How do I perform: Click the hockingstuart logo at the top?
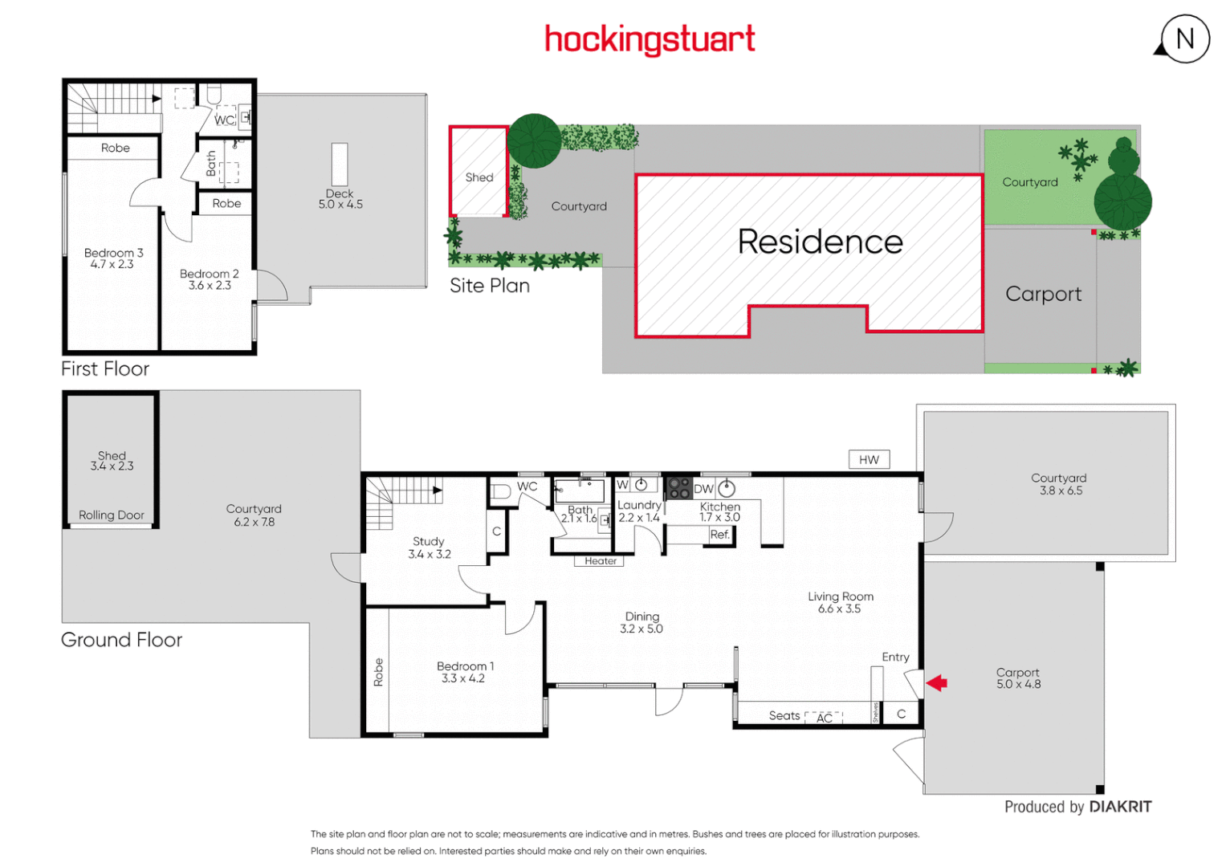(x=650, y=39)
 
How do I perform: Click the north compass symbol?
(x=1184, y=39)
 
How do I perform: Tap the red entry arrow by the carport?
(x=937, y=683)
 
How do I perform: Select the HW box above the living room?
(x=869, y=460)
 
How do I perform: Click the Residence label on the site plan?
(x=820, y=242)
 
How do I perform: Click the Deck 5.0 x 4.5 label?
(x=340, y=199)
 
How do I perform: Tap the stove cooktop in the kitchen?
(x=679, y=488)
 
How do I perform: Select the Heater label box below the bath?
(x=600, y=561)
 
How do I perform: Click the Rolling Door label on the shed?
(x=112, y=515)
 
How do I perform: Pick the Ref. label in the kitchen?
(x=719, y=535)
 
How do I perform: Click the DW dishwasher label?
(x=703, y=489)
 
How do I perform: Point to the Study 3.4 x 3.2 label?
(x=429, y=547)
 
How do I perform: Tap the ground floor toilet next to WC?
(x=500, y=490)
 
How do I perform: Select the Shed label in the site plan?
(x=479, y=177)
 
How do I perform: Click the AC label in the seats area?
(x=824, y=718)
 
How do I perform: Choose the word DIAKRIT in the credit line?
(x=1120, y=807)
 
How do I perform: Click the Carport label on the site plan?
(x=1043, y=294)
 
